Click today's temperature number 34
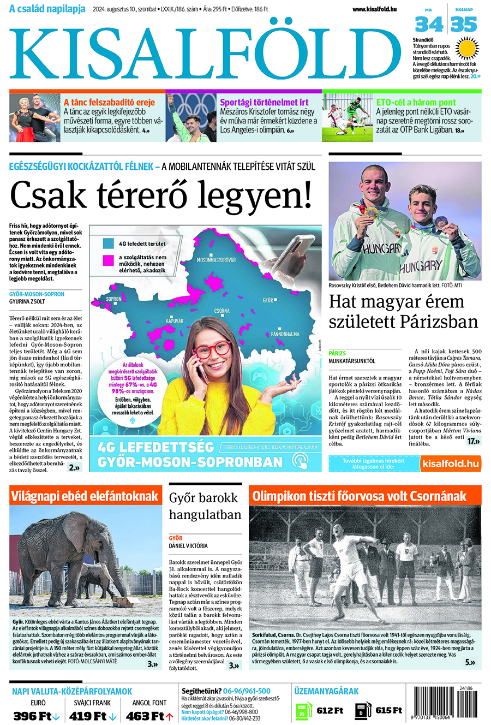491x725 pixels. coord(428,25)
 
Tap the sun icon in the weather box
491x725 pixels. coord(468,48)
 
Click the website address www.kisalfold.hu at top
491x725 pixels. coord(374,9)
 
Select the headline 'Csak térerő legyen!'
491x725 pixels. coord(161,195)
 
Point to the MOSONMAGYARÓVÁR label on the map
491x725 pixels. coord(216,260)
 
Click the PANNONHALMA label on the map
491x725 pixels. coord(285,334)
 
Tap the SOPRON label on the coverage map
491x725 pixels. coord(114,299)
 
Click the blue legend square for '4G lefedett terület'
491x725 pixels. coord(109,243)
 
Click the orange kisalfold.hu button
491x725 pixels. coord(450,463)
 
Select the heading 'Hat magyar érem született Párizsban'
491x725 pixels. coord(403,311)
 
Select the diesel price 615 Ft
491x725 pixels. coord(388,710)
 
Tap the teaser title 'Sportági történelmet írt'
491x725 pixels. coord(264,102)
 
